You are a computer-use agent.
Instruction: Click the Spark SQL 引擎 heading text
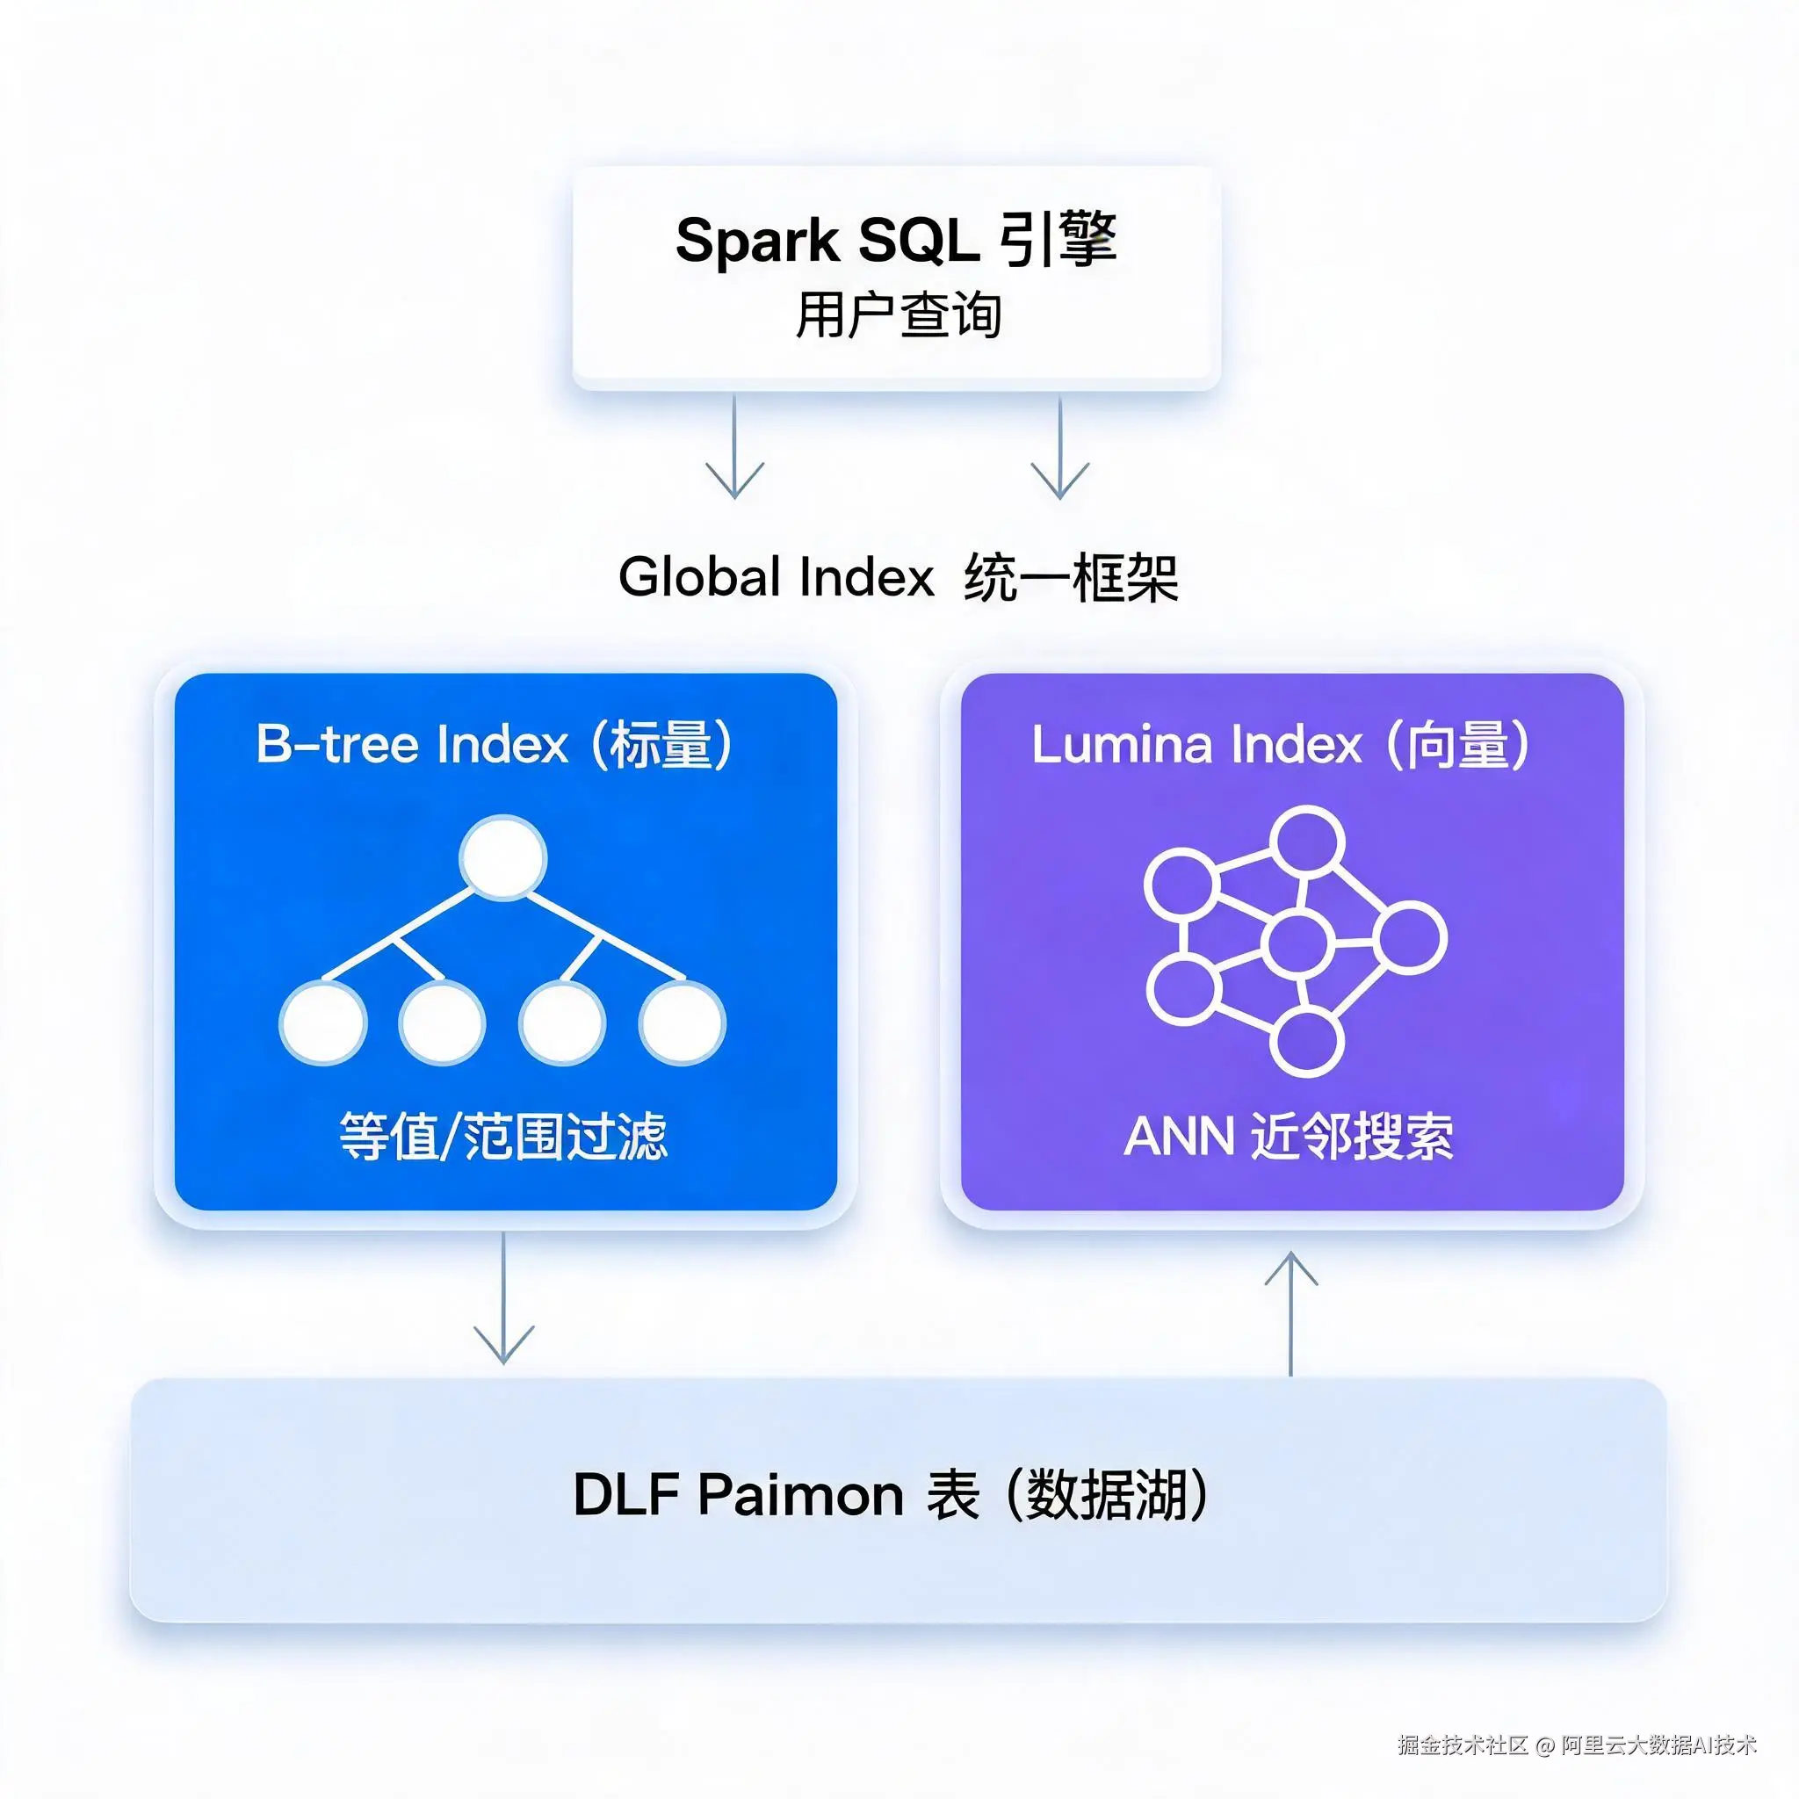[896, 240]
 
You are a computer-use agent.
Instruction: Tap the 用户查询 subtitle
[898, 314]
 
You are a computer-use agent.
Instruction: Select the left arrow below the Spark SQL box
[734, 446]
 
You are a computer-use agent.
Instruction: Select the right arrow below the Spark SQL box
[1059, 448]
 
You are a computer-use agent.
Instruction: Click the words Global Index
[776, 576]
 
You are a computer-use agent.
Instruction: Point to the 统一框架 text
[1071, 577]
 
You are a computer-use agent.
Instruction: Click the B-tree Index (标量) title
[494, 744]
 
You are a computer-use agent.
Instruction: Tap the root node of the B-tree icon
[502, 857]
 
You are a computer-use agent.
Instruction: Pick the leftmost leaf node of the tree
[323, 1022]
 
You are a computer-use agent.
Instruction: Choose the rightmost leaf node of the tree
[682, 1022]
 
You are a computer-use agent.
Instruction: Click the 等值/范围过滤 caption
[502, 1136]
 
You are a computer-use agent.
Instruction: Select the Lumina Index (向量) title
[1281, 744]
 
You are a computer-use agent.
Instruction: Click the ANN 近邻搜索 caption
[1289, 1136]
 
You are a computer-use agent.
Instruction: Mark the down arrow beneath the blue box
[503, 1298]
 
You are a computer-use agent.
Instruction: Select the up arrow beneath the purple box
[1290, 1313]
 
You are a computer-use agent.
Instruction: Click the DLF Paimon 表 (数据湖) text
[890, 1494]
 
